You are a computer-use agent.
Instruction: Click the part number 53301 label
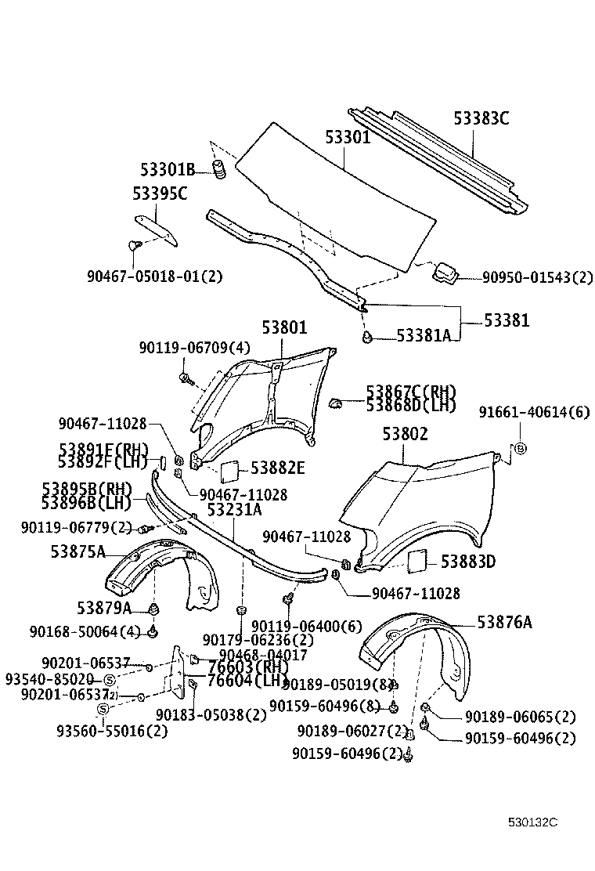point(348,138)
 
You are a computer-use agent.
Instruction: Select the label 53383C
point(481,119)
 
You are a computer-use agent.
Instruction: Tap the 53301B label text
point(168,169)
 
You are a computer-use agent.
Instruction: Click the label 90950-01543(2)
point(537,277)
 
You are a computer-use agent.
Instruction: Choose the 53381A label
point(423,335)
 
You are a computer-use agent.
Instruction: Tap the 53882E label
point(278,468)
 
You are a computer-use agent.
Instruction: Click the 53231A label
point(234,510)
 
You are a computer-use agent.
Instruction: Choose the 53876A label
point(505,622)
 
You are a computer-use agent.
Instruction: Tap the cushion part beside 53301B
point(220,169)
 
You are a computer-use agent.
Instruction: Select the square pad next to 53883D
point(416,561)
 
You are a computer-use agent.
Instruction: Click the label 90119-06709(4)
point(185,348)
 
